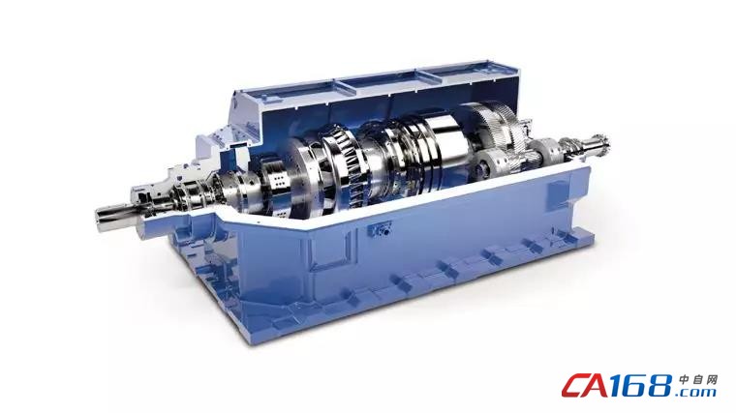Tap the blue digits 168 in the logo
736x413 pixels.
647,386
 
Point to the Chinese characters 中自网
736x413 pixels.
698,380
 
